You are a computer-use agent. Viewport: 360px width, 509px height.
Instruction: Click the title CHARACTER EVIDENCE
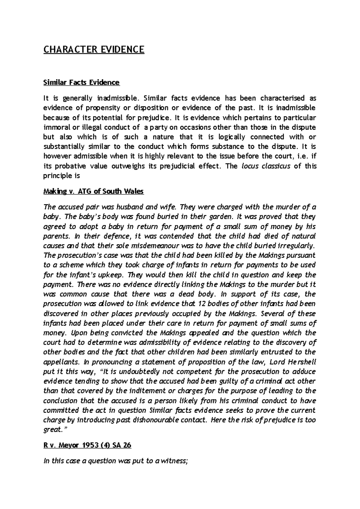pyautogui.click(x=94, y=49)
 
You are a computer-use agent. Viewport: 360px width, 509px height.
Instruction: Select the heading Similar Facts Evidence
pyautogui.click(x=81, y=82)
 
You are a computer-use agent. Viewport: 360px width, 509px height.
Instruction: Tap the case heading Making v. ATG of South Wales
pyautogui.click(x=94, y=191)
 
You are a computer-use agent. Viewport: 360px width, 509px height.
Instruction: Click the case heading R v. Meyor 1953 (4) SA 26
pyautogui.click(x=87, y=445)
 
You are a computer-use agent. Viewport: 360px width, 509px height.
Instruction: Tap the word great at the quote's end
pyautogui.click(x=52, y=430)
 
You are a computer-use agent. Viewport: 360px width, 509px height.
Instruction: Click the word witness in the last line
pyautogui.click(x=174, y=461)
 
